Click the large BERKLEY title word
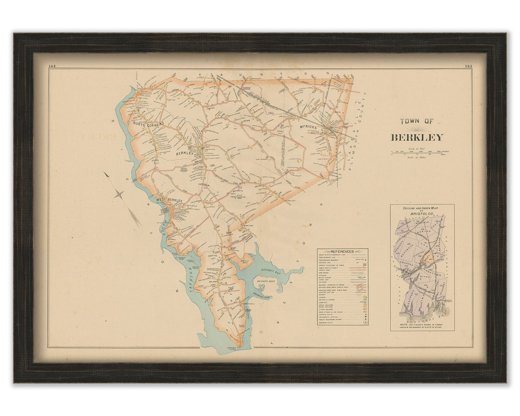416,138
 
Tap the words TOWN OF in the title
416,122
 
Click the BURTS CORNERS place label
149,124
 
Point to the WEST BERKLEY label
167,200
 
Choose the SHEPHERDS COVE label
263,297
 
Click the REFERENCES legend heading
342,251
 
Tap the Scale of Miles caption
417,157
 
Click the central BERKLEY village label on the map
184,153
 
